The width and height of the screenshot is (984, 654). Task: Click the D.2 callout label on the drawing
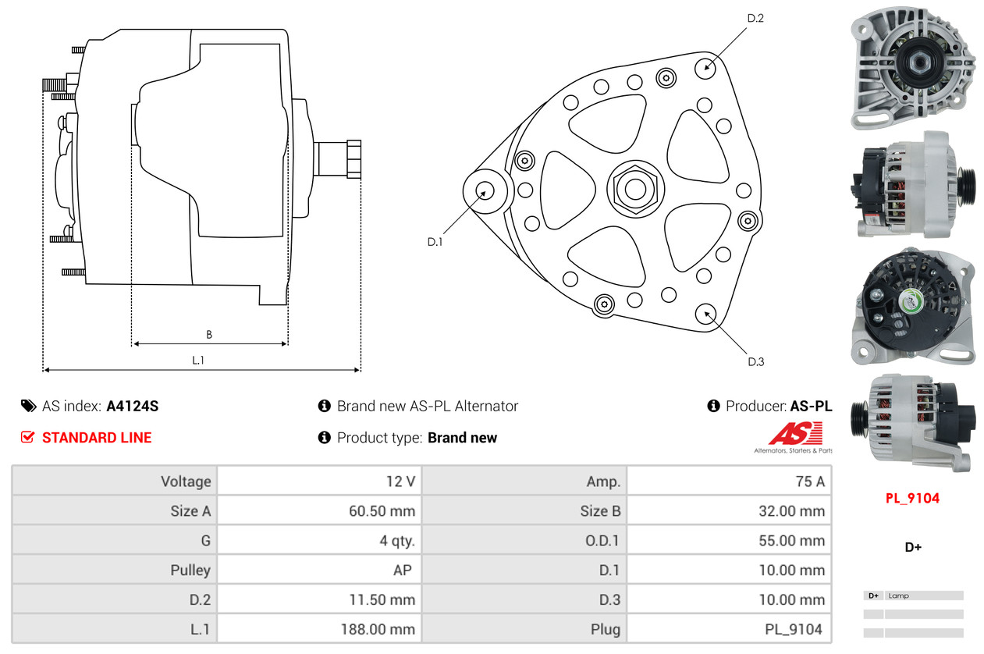(755, 18)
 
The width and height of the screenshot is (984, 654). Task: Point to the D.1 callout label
(435, 242)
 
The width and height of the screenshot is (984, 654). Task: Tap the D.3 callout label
(755, 361)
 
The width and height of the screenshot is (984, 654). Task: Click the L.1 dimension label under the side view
(198, 360)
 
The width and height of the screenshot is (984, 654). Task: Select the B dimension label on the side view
(209, 335)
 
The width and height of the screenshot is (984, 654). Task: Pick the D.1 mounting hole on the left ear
(485, 190)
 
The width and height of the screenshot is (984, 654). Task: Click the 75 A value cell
(809, 482)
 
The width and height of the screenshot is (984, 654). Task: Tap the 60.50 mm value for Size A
(382, 511)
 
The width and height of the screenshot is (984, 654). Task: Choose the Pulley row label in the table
(190, 570)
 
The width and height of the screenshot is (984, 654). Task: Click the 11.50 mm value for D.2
(382, 600)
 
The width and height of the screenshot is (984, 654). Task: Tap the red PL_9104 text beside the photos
(912, 498)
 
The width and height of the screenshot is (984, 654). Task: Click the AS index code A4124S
(133, 406)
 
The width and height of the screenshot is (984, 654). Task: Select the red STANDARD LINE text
(97, 438)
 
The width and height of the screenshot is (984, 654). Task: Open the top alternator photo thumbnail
(911, 68)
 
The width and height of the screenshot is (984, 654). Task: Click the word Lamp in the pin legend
(898, 595)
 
